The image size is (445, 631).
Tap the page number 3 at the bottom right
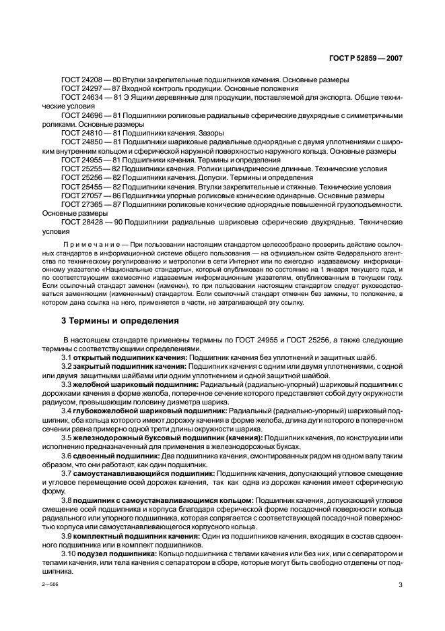click(400, 584)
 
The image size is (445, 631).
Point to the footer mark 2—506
click(50, 585)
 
